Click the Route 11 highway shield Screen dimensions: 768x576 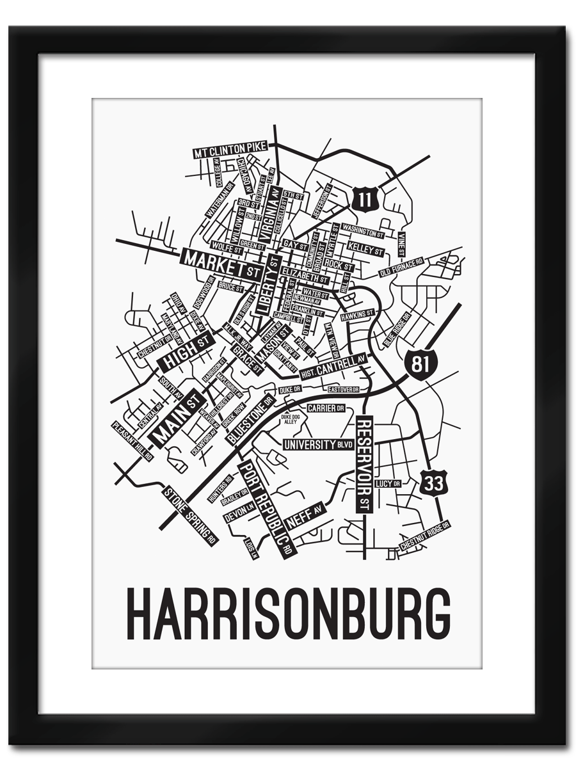tap(363, 199)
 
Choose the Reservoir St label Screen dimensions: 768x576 tap(364, 464)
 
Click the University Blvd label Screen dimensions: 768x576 tap(318, 444)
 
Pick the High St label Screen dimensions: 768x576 tap(186, 353)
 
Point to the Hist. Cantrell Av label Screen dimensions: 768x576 tap(335, 365)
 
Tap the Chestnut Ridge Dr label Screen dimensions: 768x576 tap(425, 535)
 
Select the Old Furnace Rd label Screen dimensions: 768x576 tap(401, 268)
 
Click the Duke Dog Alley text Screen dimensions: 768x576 tap(290, 420)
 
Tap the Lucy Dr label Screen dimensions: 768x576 tap(387, 483)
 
